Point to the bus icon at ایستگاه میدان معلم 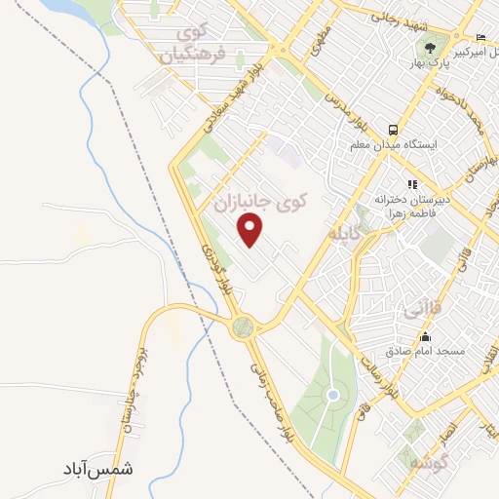[393, 130]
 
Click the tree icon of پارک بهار [428, 45]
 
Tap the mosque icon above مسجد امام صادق [425, 335]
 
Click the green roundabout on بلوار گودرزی [242, 327]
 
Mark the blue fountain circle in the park [333, 395]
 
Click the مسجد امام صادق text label [425, 350]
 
